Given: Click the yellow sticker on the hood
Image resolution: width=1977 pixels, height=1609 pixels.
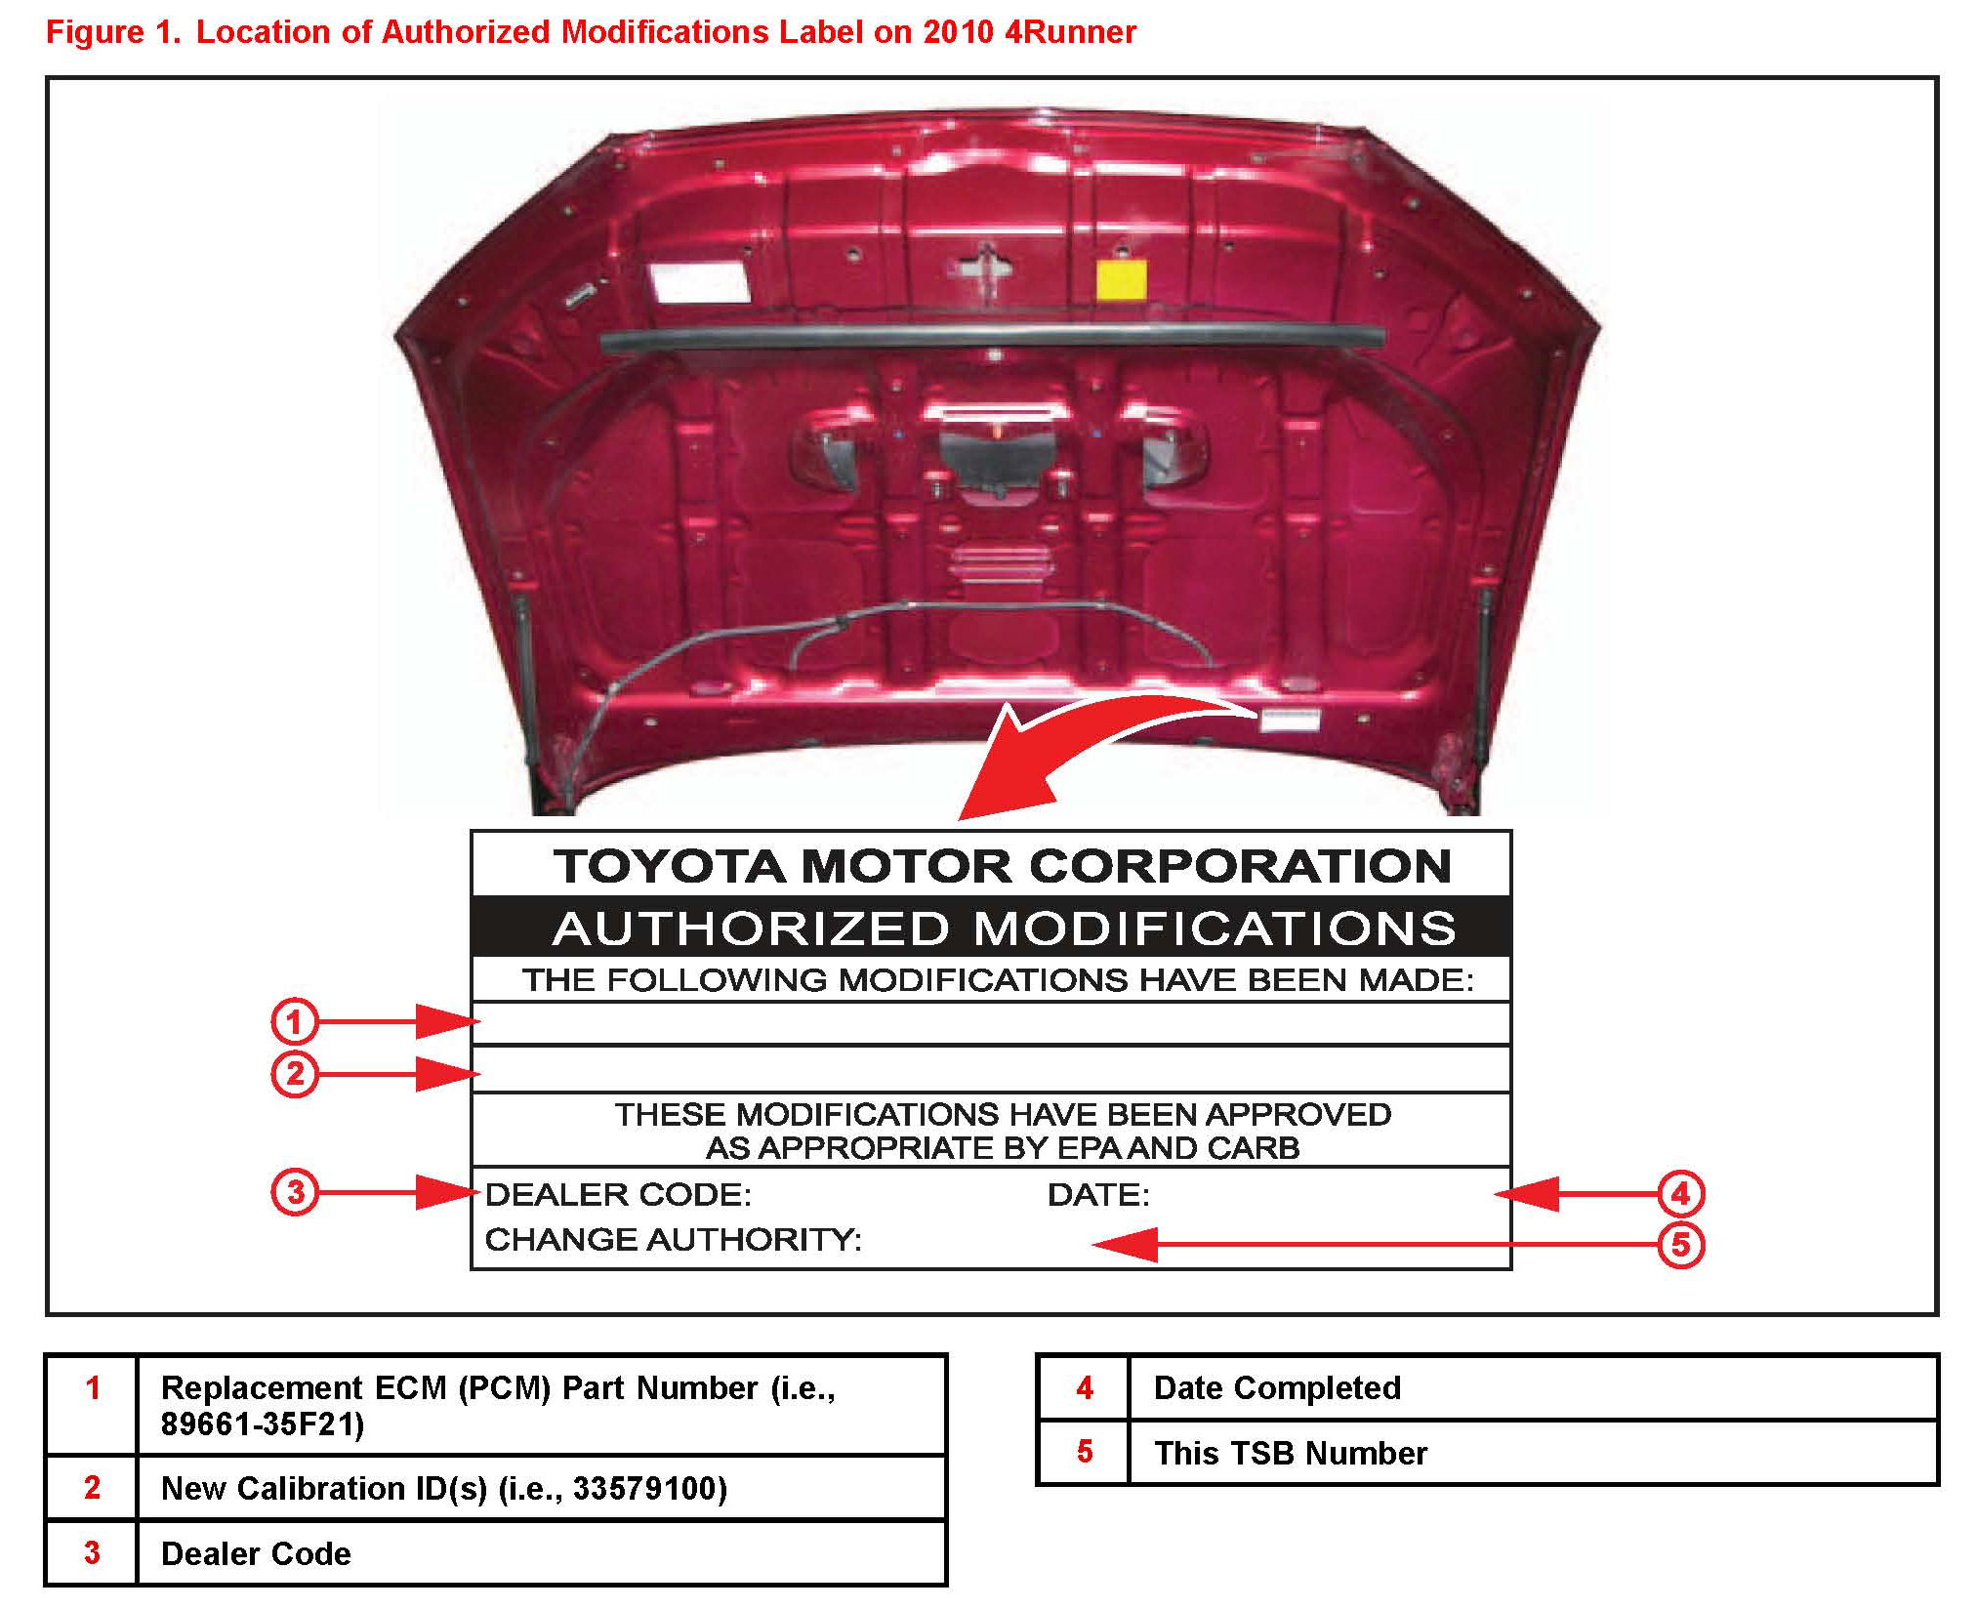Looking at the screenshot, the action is [x=1121, y=279].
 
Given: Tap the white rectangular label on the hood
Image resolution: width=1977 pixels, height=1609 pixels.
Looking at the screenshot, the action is [x=699, y=280].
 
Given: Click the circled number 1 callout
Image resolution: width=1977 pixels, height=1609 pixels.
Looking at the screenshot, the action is [x=295, y=1021].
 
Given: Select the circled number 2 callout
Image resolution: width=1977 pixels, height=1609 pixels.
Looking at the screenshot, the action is [x=295, y=1074].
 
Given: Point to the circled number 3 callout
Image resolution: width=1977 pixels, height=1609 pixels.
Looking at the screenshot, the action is [x=295, y=1192].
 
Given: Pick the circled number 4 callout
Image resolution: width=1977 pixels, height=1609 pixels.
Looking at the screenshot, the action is [x=1680, y=1193].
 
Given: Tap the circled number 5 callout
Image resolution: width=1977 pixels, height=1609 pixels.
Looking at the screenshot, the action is [x=1680, y=1245].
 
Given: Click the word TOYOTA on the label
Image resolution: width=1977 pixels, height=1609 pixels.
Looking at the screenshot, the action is [x=670, y=866].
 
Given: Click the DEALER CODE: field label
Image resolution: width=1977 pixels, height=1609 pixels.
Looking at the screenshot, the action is [x=618, y=1194].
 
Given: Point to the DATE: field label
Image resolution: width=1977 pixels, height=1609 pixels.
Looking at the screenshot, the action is [x=1098, y=1194].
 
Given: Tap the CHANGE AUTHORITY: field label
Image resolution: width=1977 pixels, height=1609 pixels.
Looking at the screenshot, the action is [x=673, y=1239].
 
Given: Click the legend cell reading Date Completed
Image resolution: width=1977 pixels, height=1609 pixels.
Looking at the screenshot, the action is [x=1277, y=1387].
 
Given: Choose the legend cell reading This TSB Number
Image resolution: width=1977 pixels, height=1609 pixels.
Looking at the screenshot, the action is [x=1291, y=1453].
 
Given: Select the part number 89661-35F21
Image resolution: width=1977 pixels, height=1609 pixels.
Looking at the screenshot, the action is [x=262, y=1424].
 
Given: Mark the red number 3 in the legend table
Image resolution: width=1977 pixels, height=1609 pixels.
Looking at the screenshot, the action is [x=92, y=1552].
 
